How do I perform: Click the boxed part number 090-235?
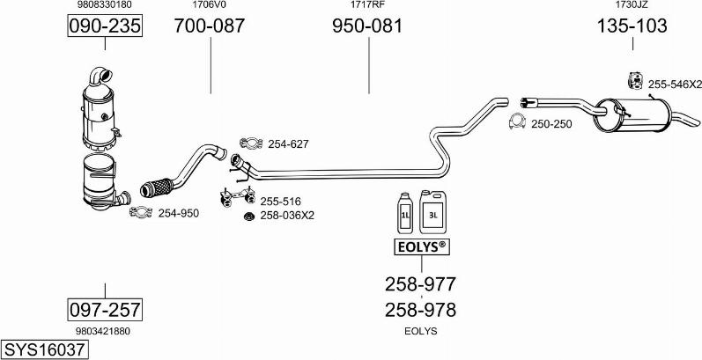[x=104, y=26]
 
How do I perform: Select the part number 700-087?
[x=210, y=26]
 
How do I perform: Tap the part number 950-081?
[x=367, y=26]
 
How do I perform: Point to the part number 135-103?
[x=632, y=26]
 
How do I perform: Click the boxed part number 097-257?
[x=105, y=309]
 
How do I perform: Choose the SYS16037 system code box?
[x=45, y=349]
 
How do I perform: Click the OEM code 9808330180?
[x=104, y=5]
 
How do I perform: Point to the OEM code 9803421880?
[x=104, y=331]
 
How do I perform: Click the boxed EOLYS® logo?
[x=419, y=247]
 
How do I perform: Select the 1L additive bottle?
[x=406, y=212]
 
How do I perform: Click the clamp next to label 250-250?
[x=518, y=122]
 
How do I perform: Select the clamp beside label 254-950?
[x=139, y=211]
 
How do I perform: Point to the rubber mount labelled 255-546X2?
[x=633, y=81]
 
